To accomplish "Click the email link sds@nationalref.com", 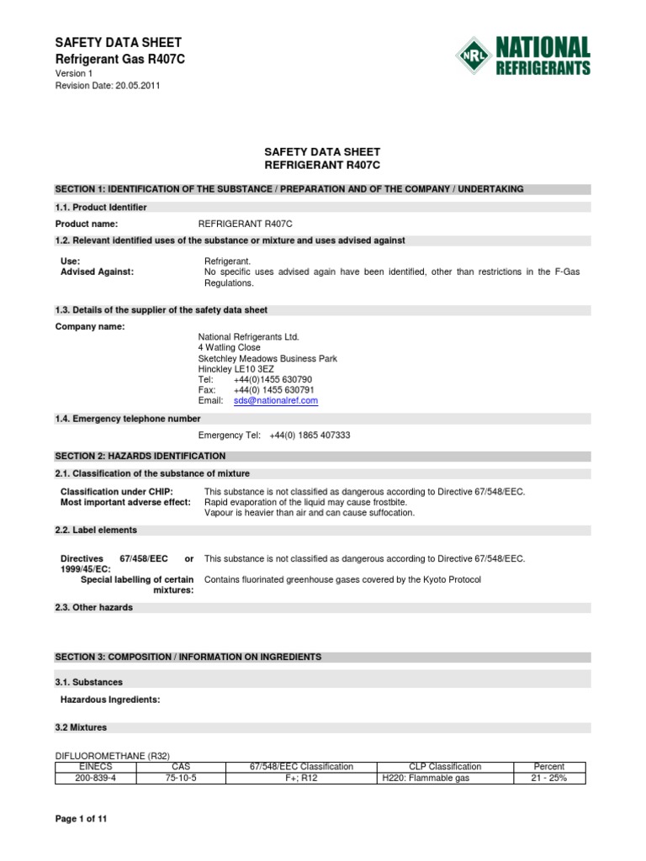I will (275, 401).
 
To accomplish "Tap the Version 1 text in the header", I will (74, 74).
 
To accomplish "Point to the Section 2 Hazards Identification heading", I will (140, 456).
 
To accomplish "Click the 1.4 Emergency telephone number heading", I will (128, 419).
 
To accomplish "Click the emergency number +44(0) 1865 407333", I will (310, 436).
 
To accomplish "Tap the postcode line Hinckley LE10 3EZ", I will (236, 369).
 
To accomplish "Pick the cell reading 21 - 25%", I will (549, 779).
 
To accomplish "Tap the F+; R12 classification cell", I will (301, 779).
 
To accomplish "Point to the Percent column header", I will (549, 767).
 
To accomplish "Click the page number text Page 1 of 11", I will (82, 818).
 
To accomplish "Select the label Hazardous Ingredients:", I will (110, 700).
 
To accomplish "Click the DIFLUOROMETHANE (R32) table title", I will (117, 755).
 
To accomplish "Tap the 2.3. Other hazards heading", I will (94, 608).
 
